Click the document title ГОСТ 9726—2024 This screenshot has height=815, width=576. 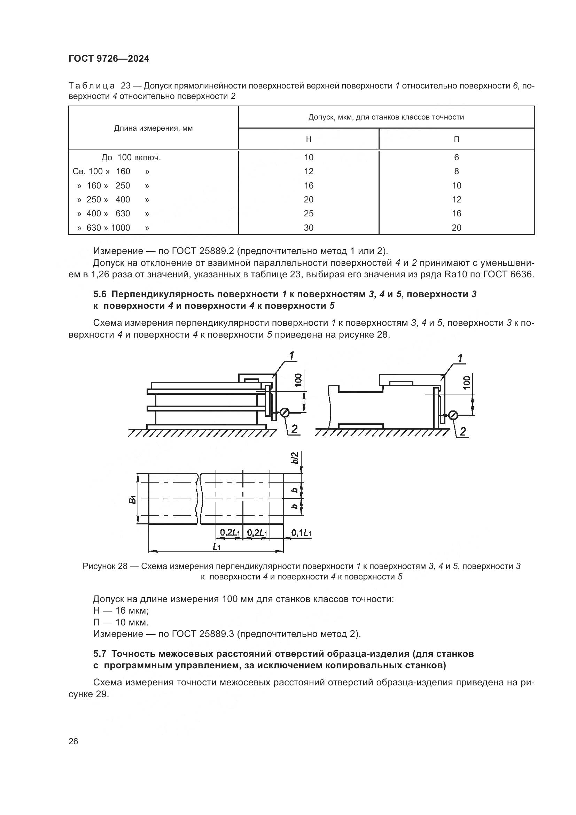pos(109,59)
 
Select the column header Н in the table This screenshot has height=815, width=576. pos(309,139)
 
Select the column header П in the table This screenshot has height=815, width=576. pos(457,139)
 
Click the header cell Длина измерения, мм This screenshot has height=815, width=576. pos(153,128)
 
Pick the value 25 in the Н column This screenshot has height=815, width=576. pos(309,213)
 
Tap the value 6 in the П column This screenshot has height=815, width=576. pos(457,157)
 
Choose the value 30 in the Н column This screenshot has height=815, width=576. pos(309,228)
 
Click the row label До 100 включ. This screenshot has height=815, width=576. pos(131,157)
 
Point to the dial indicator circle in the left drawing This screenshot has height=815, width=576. pos(285,413)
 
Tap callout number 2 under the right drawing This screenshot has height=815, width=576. pos(462,431)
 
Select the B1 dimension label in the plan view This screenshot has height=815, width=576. pos(133,499)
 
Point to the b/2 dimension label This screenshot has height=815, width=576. pos(295,461)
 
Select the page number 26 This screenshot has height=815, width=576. pos(73,741)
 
